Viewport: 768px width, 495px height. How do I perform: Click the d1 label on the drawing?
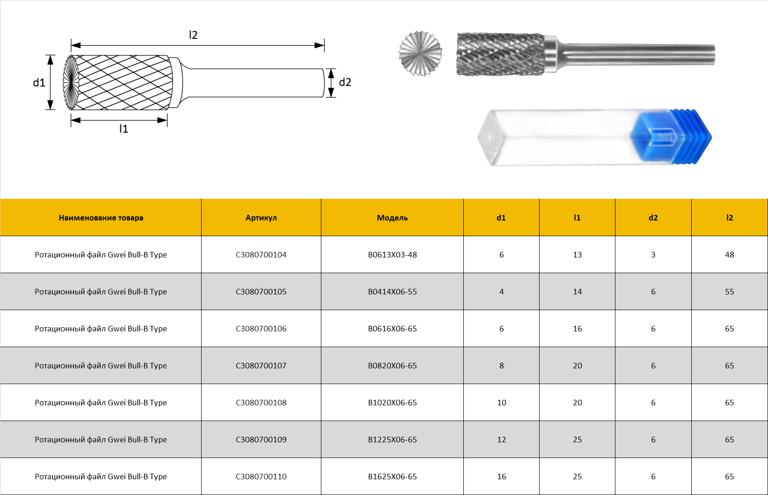tap(39, 83)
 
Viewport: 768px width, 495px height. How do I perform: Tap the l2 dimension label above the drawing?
tap(193, 35)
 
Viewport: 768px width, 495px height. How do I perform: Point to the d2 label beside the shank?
tap(345, 82)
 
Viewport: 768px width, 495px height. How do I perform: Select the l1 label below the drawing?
tap(123, 128)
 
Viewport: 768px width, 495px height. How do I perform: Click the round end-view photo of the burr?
tap(420, 53)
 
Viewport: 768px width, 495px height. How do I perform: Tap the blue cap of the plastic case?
tap(671, 136)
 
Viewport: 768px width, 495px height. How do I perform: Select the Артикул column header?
tap(261, 218)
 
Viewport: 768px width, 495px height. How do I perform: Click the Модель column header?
tap(392, 218)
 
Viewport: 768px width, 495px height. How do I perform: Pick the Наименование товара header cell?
tap(101, 218)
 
